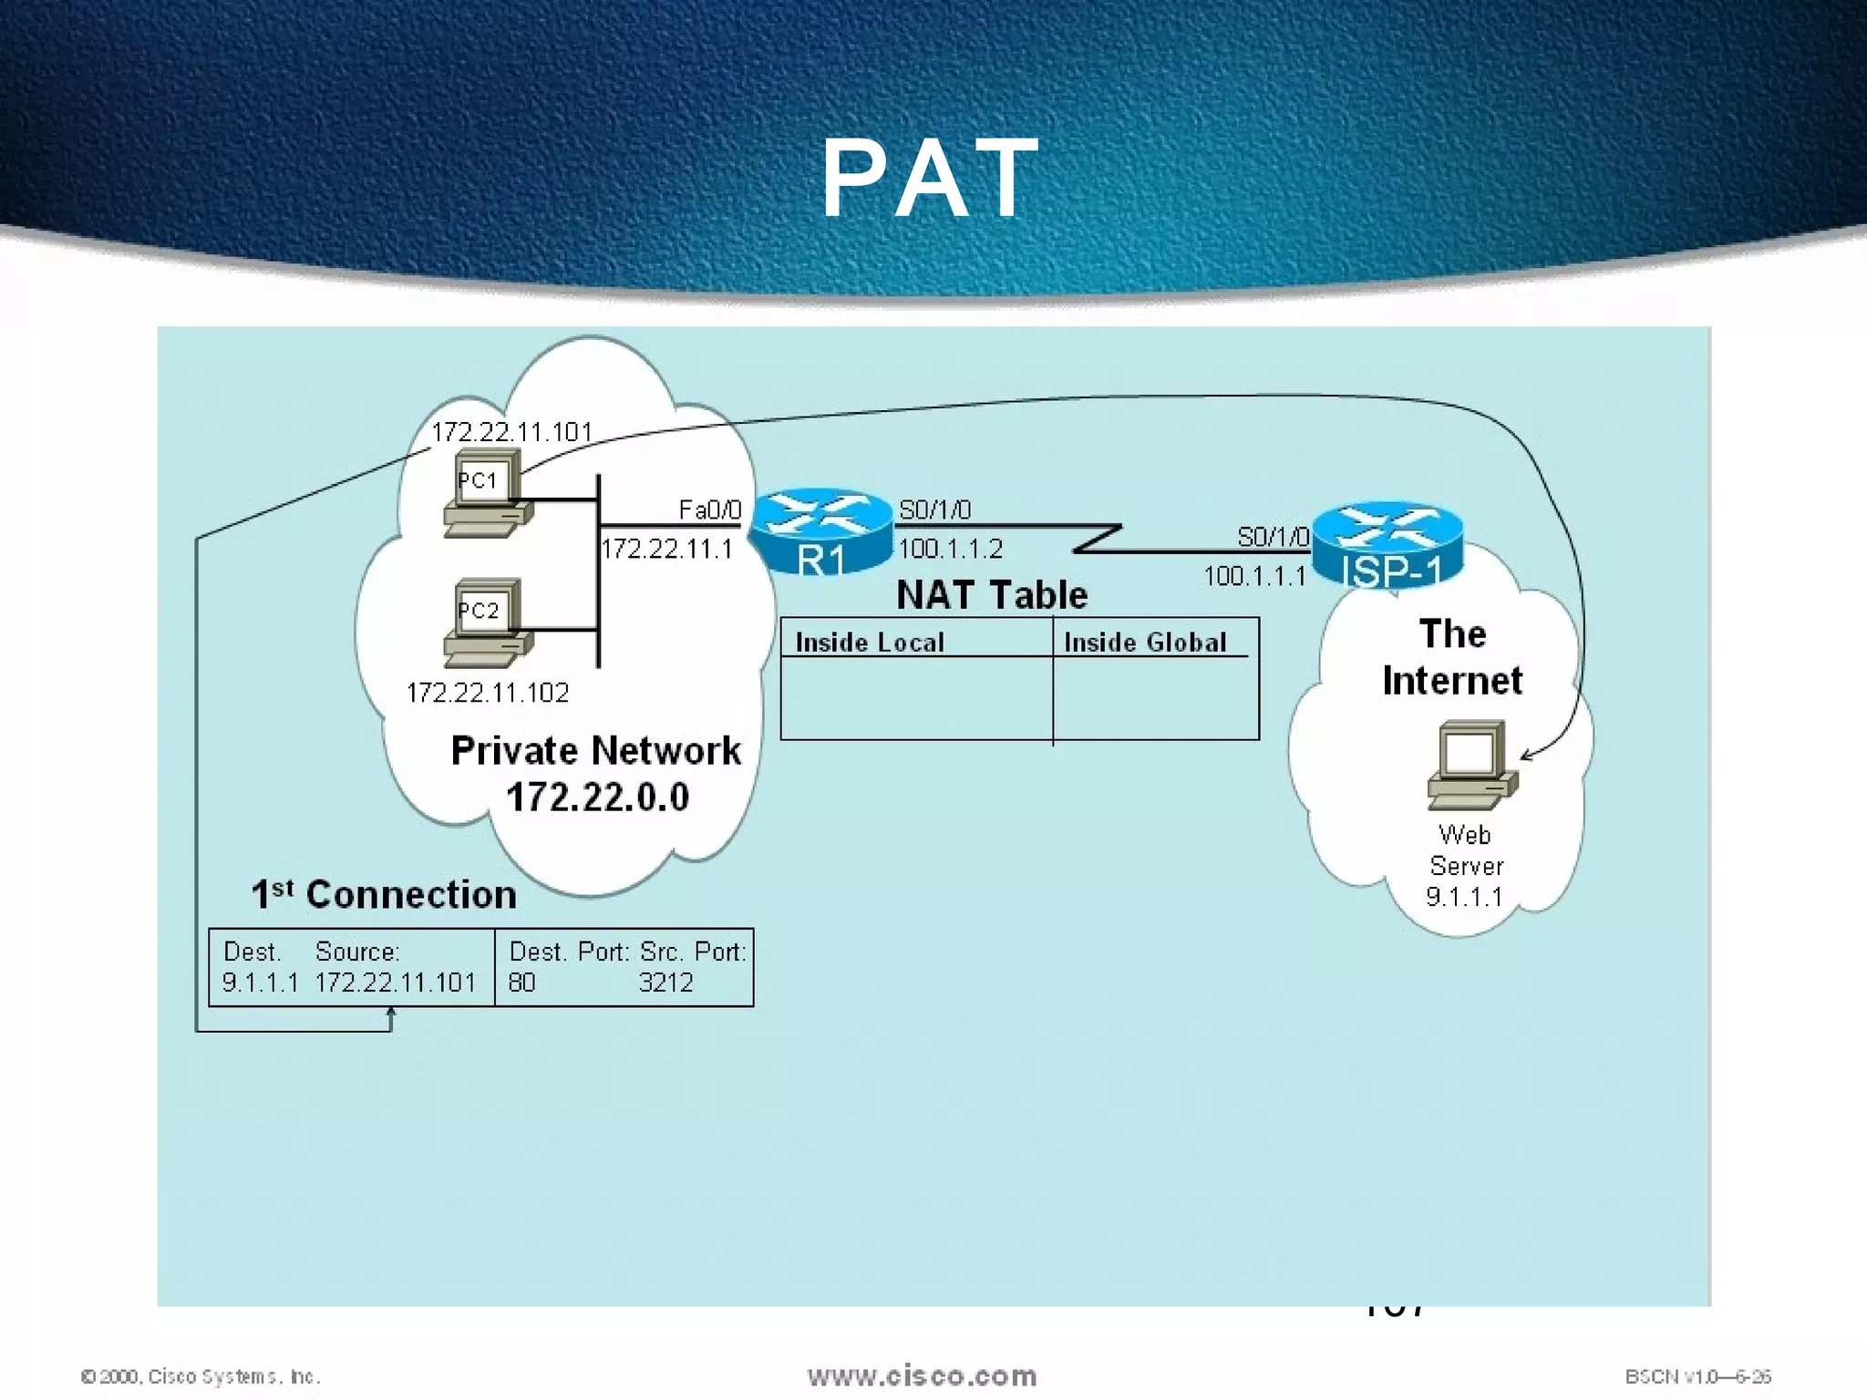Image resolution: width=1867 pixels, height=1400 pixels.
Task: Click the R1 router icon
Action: tap(820, 531)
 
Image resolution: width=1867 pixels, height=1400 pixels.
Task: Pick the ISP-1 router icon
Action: tap(1387, 545)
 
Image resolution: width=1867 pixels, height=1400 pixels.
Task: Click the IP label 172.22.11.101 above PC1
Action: tap(511, 432)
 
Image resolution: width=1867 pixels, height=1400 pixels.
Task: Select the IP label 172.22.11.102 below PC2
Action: tap(488, 693)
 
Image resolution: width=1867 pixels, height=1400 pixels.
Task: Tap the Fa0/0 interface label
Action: tap(709, 510)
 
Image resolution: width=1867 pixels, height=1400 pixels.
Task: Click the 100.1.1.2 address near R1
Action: tap(950, 549)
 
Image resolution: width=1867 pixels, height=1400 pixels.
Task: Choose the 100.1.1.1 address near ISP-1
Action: tap(1254, 576)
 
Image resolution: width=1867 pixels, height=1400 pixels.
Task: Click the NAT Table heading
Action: tap(992, 595)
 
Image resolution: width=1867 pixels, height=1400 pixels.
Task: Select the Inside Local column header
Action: tap(870, 642)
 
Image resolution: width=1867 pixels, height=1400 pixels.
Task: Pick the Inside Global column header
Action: tap(1145, 642)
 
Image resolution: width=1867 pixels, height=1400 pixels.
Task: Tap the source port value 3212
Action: tap(665, 983)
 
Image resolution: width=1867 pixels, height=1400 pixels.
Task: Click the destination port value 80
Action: tap(521, 983)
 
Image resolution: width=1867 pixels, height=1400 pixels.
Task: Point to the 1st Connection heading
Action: tap(384, 894)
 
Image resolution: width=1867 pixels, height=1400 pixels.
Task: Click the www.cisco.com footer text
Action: tap(922, 1375)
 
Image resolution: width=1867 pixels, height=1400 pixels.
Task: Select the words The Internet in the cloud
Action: tap(1452, 657)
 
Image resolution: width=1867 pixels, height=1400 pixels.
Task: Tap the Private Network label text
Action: tap(596, 751)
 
